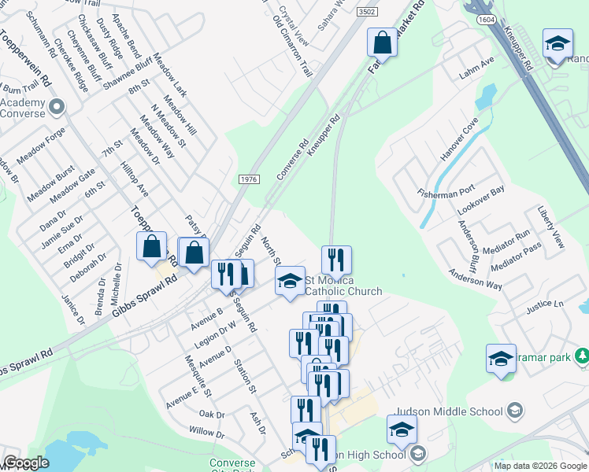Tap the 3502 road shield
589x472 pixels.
pos(365,13)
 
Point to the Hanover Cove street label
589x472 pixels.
pos(454,142)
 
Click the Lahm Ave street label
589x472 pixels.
pos(477,68)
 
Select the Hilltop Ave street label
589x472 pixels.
pos(133,179)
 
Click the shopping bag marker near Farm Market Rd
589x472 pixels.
pos(382,42)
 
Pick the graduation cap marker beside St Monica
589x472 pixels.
pos(290,281)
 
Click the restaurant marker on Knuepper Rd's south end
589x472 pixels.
pos(336,260)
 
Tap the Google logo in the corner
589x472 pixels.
pos(26,463)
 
